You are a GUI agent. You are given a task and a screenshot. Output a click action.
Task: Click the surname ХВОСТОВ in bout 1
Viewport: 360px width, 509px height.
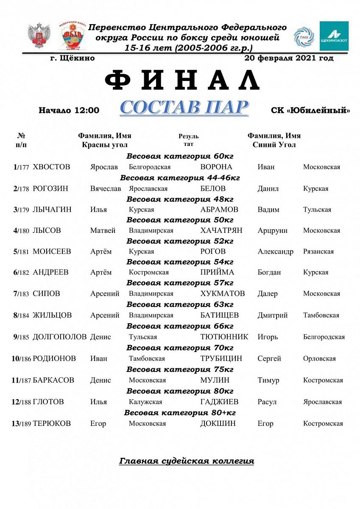51,167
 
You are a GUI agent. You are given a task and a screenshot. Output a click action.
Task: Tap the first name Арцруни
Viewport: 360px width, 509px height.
272,230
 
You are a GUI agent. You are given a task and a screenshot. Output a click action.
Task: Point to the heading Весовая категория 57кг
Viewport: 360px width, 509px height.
180,283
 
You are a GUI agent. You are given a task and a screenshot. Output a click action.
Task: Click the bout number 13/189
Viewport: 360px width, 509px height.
21,423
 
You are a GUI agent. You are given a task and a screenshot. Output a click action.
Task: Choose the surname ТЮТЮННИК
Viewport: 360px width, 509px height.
224,337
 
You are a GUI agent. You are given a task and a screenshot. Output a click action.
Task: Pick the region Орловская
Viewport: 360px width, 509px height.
319,358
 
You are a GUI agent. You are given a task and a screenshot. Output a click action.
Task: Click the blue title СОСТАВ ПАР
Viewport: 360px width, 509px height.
184,108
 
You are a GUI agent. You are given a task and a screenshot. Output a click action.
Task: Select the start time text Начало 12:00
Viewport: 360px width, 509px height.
69,111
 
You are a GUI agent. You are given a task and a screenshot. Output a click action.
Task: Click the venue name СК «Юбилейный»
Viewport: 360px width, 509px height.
310,111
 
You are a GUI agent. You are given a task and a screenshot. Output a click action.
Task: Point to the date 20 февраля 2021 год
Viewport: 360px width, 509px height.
289,58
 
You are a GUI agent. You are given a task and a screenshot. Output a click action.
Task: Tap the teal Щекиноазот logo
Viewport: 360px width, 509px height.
334,36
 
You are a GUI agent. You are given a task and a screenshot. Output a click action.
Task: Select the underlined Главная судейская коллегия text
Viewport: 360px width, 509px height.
187,461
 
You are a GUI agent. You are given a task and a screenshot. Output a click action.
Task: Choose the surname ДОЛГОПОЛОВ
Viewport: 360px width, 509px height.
60,337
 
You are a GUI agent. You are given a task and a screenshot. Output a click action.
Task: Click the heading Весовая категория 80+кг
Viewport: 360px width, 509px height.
180,412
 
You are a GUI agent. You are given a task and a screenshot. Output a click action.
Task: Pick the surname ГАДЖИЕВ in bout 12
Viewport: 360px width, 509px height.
219,402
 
